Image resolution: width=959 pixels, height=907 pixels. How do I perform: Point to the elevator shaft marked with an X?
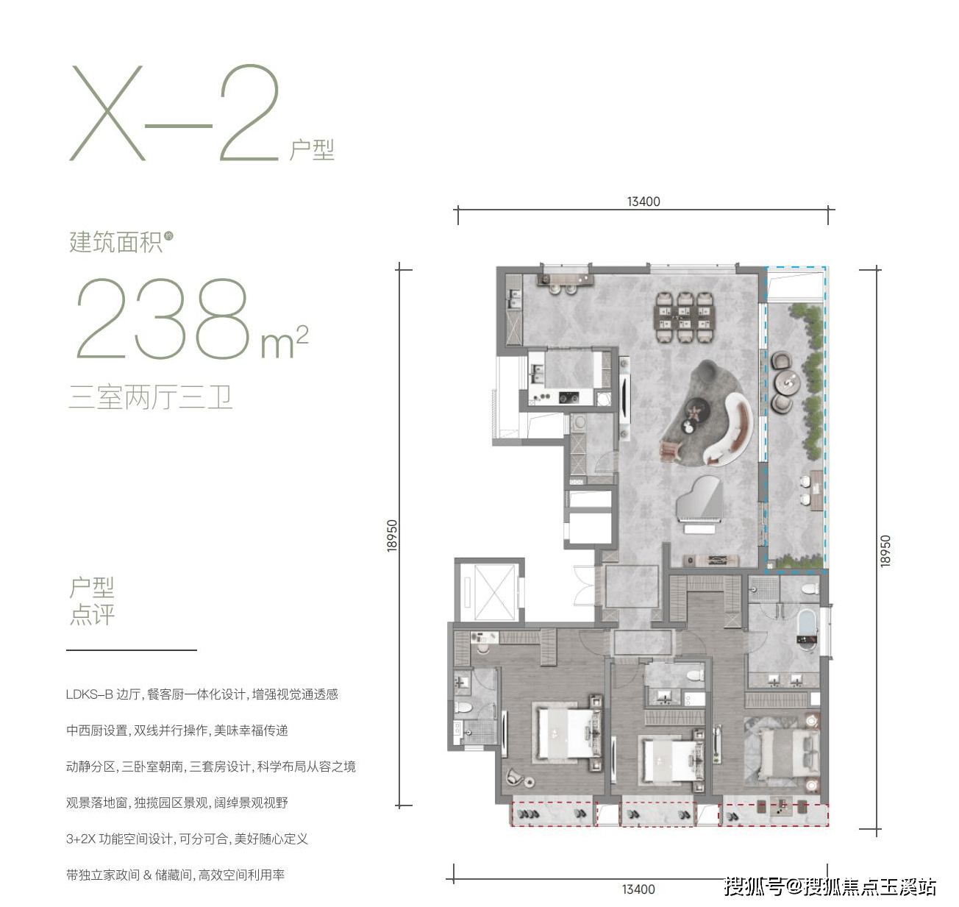pos(495,592)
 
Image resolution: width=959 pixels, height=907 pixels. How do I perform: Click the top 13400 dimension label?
pos(644,202)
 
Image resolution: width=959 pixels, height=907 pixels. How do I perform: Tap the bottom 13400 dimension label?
pos(638,889)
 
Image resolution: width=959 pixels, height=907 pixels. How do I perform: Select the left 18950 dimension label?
pos(392,536)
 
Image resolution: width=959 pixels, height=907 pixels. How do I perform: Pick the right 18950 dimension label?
pos(885,551)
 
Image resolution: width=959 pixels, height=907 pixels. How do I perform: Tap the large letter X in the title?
pos(107,113)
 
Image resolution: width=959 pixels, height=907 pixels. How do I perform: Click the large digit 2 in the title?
pos(249,113)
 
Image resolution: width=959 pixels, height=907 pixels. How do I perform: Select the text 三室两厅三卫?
pos(150,397)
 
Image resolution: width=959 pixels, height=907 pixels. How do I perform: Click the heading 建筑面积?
pos(115,243)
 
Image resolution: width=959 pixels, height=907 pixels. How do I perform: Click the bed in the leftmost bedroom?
pos(568,733)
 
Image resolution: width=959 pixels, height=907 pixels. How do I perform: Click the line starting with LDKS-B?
pos(202,694)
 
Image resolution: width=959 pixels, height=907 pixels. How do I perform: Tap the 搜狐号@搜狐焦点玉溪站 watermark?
pos(830,886)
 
